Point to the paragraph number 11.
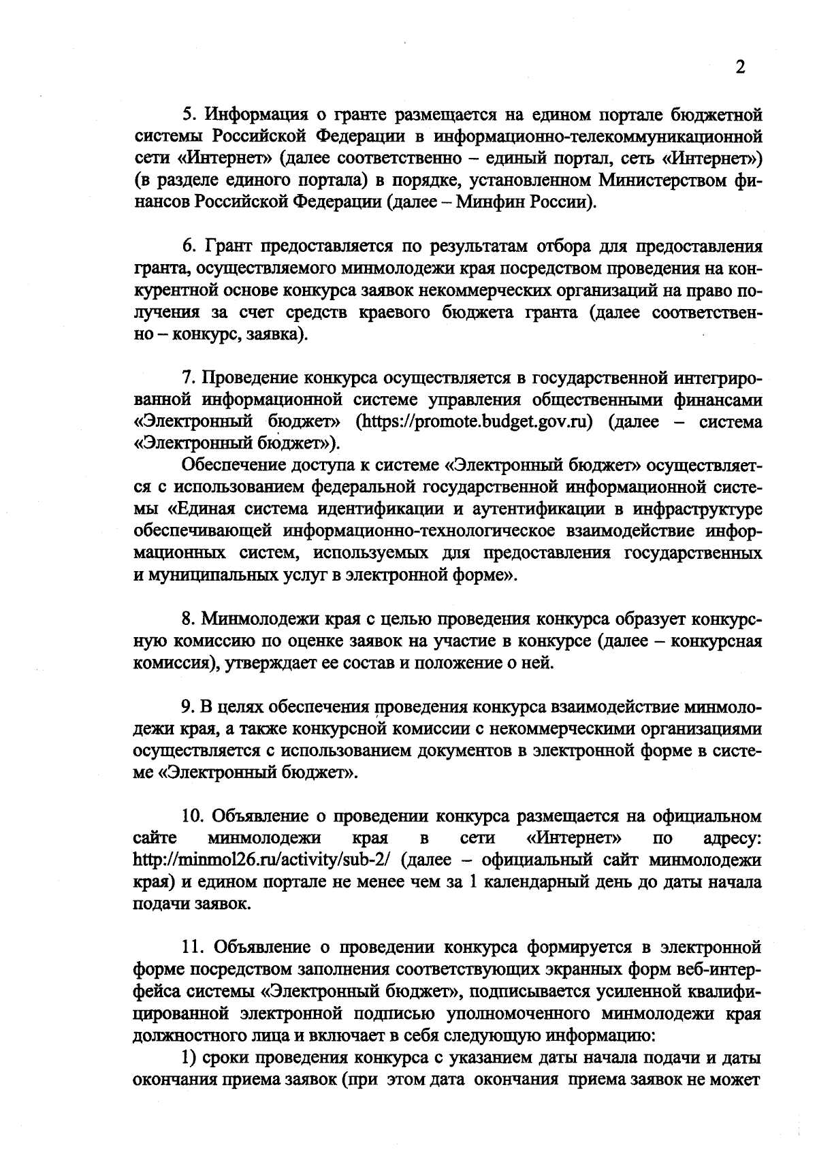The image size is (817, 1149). [193, 947]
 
